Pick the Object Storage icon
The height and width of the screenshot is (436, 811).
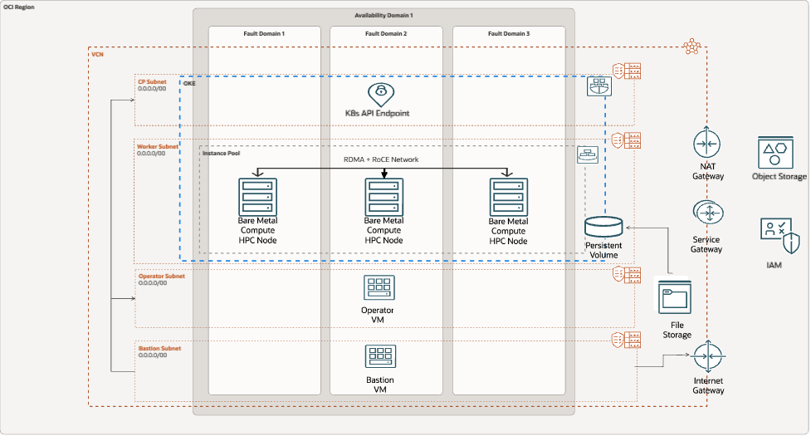tap(778, 153)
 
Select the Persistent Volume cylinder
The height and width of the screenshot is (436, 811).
tap(603, 227)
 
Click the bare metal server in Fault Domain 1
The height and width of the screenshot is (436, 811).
tap(257, 196)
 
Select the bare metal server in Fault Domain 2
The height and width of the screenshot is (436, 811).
tap(384, 196)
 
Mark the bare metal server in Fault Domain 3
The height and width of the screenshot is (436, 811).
tap(508, 196)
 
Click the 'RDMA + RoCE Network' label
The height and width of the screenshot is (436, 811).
tap(381, 159)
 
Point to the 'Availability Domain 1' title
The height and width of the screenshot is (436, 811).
tap(383, 16)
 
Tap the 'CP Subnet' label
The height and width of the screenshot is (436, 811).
tap(152, 81)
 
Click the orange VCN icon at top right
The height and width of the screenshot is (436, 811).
tap(691, 47)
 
